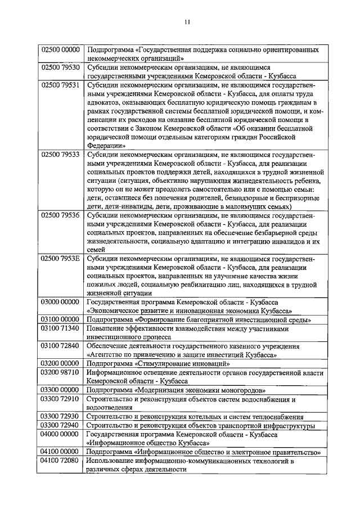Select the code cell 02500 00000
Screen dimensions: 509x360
point(61,49)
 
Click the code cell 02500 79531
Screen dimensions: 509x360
point(61,84)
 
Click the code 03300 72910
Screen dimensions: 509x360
point(61,398)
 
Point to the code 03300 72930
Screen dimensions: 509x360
point(61,416)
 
